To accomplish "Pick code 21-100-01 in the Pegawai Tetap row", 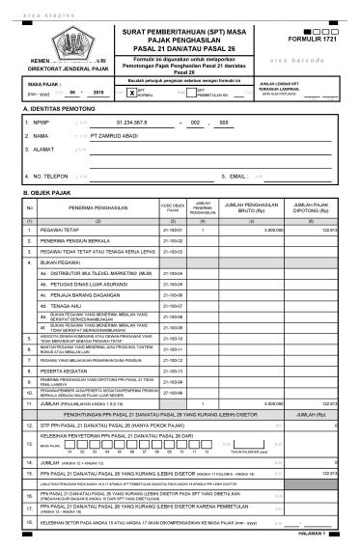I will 174,231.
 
